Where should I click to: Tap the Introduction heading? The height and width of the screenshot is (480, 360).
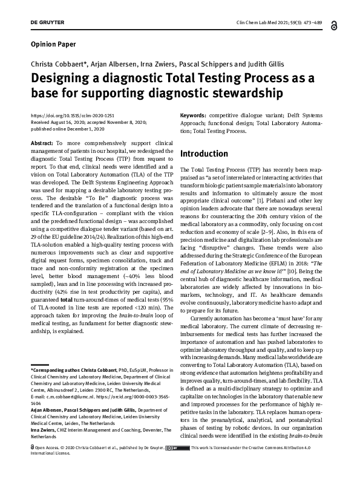204,154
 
